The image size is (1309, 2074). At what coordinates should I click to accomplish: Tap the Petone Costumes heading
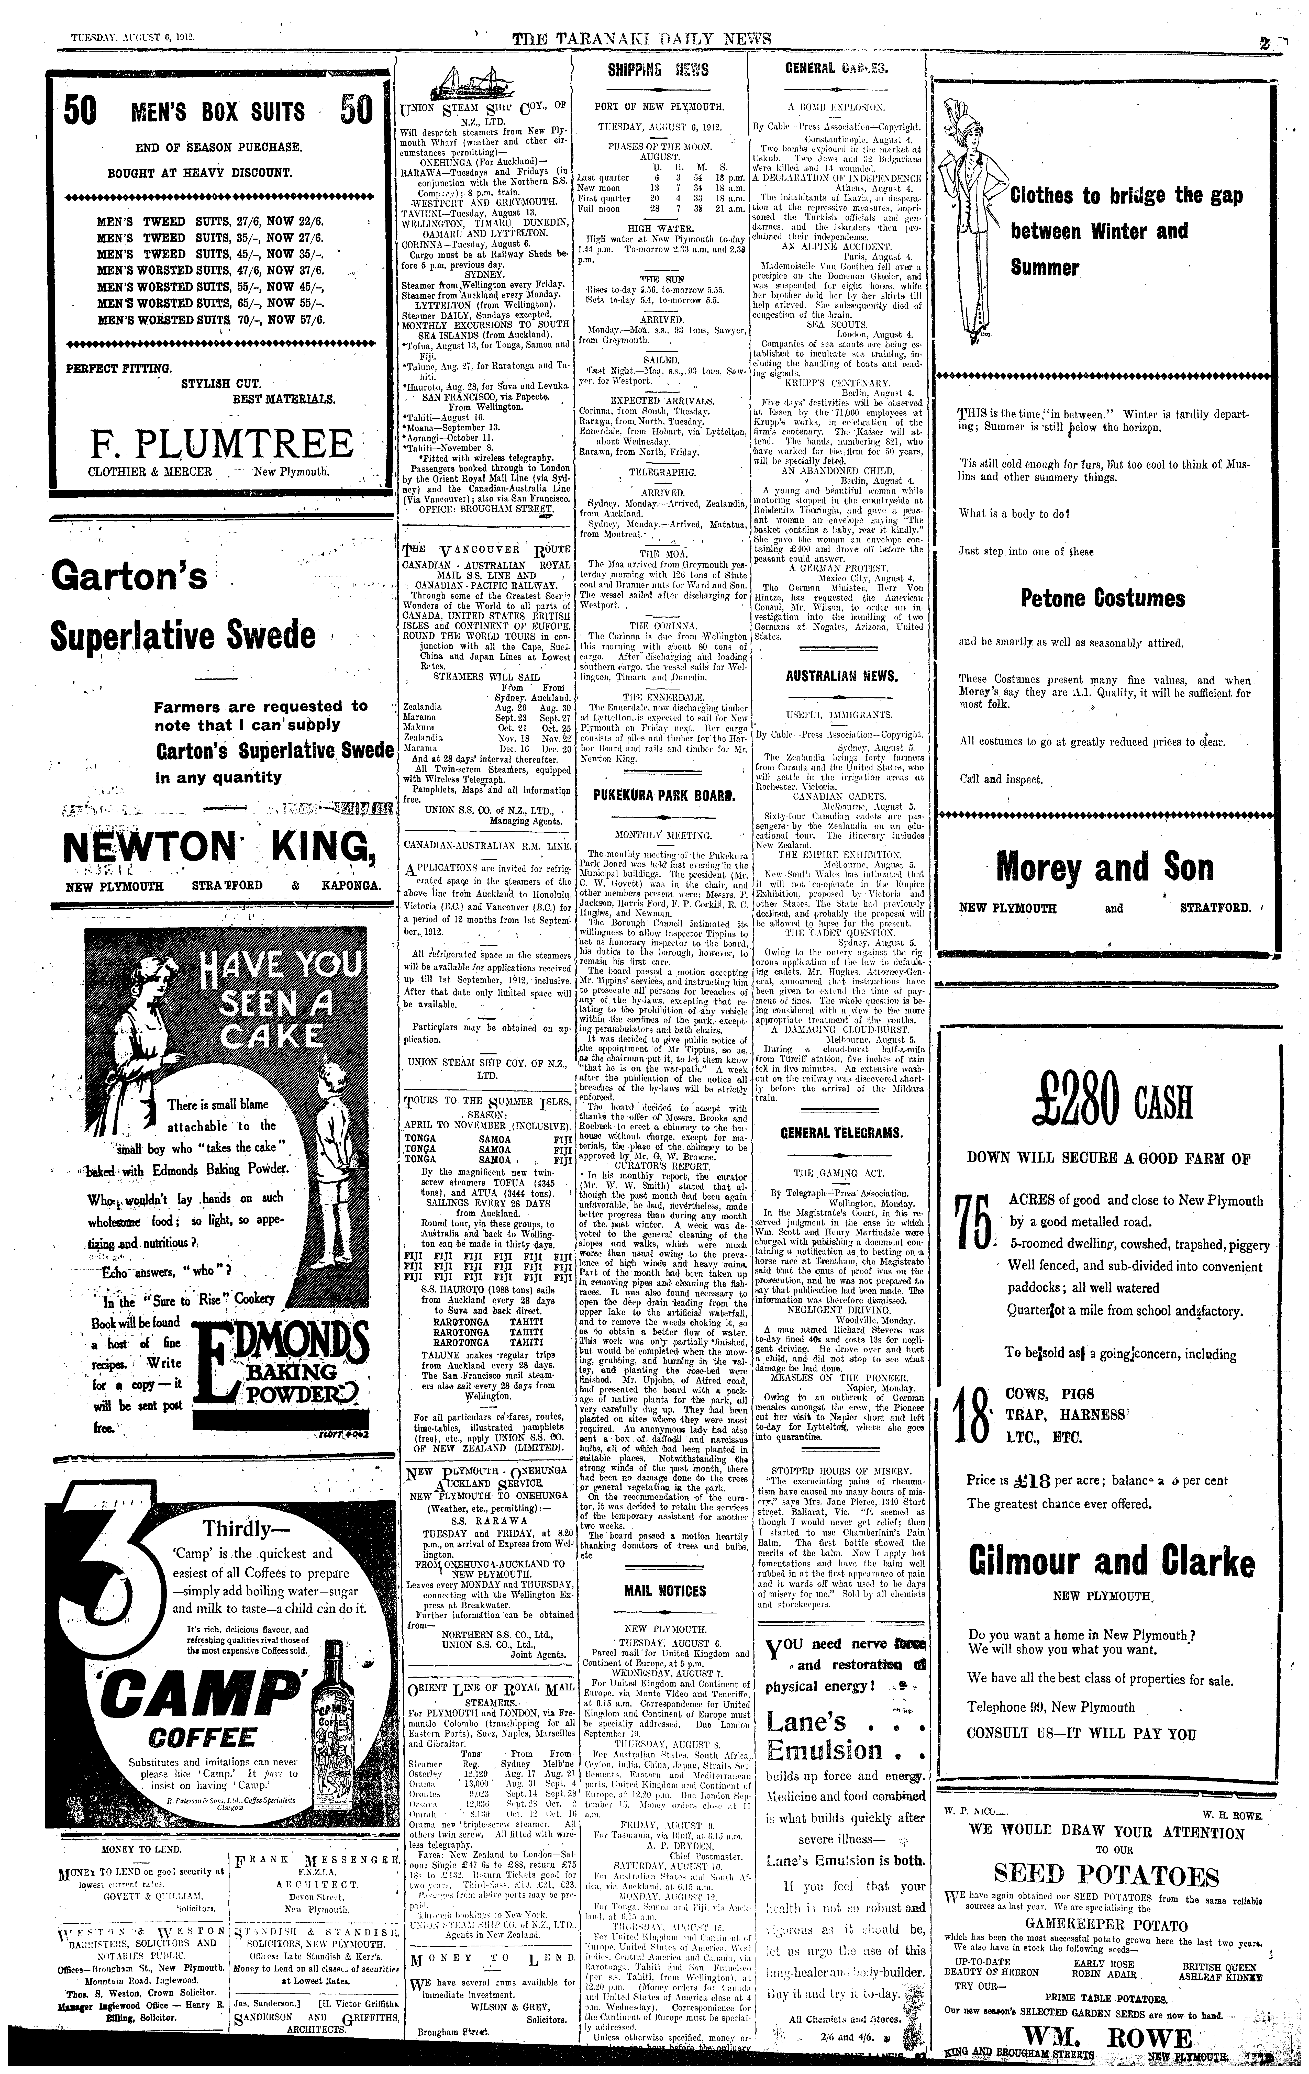click(x=1103, y=598)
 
